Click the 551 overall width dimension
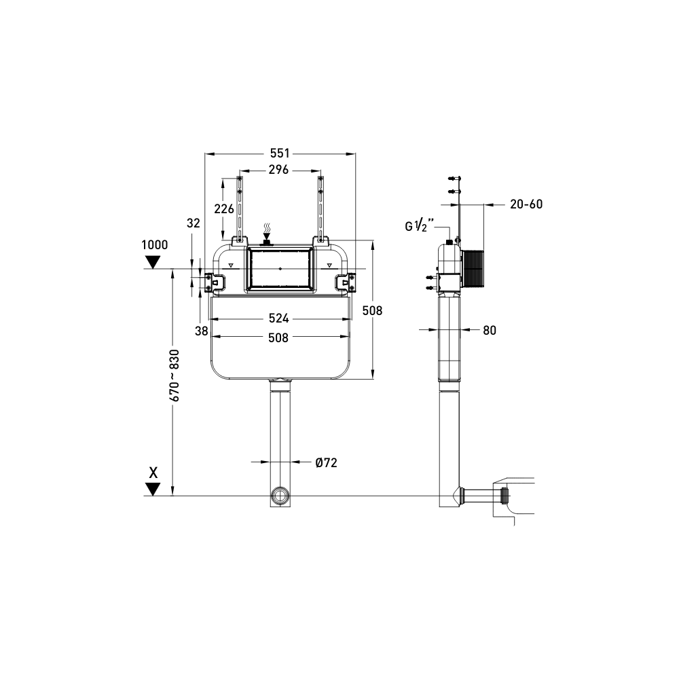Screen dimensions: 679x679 pos(279,153)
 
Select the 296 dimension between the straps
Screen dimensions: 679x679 pos(279,170)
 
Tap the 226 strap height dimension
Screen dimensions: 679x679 pos(225,208)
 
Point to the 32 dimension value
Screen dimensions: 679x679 pos(194,223)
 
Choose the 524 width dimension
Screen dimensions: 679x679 pos(279,318)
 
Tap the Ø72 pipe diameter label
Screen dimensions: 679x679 pos(326,462)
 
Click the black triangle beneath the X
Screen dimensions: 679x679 pos(154,488)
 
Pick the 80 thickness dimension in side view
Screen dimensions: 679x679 pos(490,331)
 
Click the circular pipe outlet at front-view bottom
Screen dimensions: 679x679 pos(280,495)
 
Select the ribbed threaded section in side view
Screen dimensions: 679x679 pos(474,269)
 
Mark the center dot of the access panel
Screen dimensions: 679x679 pos(280,269)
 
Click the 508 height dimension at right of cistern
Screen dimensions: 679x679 pos(373,310)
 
